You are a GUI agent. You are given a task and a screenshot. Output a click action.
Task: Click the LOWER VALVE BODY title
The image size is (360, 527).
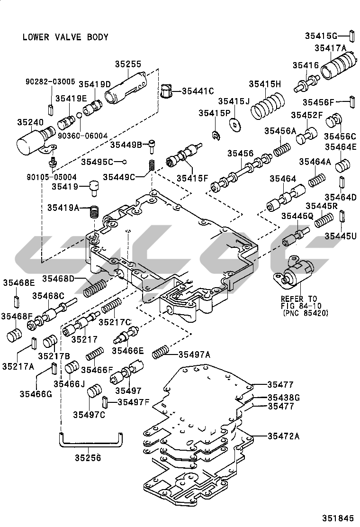tap(65, 37)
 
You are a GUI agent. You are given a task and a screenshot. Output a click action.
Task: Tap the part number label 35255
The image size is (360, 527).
tap(128, 65)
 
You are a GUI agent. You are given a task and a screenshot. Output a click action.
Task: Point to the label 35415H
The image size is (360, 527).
tap(265, 84)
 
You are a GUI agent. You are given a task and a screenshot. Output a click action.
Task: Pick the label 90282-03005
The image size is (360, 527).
tap(50, 82)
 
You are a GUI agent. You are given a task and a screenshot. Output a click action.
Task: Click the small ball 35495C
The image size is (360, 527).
tap(124, 162)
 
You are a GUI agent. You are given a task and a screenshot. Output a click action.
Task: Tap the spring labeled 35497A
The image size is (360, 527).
tap(160, 353)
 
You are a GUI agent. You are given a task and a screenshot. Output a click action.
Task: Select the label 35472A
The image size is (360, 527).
tap(283, 436)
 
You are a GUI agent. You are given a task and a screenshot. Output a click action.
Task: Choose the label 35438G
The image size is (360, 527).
tap(283, 397)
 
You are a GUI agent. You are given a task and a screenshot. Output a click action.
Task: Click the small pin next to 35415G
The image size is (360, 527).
tap(352, 36)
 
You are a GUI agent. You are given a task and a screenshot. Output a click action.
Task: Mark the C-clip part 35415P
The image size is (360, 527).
tap(216, 136)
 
